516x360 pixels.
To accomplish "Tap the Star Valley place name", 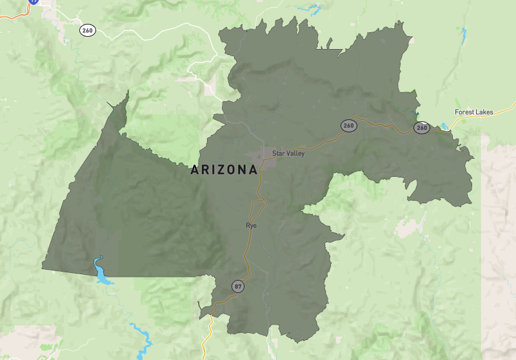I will [288, 154].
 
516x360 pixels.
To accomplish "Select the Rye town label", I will [251, 226].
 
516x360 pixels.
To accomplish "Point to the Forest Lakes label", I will [473, 112].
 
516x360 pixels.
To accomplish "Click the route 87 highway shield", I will [239, 286].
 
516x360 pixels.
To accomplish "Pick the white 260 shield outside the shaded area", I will [87, 30].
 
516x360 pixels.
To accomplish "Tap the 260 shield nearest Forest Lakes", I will [422, 128].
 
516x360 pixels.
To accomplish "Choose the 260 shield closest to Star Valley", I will [349, 125].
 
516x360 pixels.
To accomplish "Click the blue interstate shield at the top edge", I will [34, 2].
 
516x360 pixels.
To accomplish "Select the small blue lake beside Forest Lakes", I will [445, 125].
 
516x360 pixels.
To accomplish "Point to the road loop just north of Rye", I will [258, 205].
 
